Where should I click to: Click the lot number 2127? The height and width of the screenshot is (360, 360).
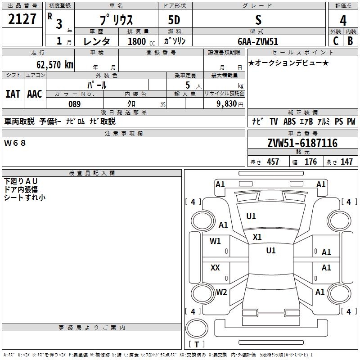click(x=22, y=19)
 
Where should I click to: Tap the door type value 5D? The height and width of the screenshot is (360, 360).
click(x=174, y=20)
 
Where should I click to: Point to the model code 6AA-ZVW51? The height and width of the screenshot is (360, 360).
click(x=258, y=41)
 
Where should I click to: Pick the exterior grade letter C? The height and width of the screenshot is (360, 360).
click(x=335, y=41)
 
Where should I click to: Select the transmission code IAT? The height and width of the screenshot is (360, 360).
click(x=13, y=94)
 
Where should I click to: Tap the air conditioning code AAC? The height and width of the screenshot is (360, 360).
click(x=35, y=94)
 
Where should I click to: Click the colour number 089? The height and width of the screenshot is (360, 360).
click(x=74, y=104)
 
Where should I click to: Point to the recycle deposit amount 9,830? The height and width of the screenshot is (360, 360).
click(x=226, y=104)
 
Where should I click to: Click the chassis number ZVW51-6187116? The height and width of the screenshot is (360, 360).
click(x=302, y=143)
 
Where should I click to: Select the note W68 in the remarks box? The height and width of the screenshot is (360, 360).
click(x=15, y=143)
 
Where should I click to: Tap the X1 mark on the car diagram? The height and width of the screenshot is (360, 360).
click(x=257, y=237)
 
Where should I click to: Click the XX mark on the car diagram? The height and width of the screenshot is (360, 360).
click(x=215, y=268)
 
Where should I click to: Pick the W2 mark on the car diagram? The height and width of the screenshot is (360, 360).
click(x=221, y=292)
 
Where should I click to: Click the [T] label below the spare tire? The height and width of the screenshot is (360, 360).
click(x=197, y=345)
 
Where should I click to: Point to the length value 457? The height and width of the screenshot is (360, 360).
click(x=273, y=162)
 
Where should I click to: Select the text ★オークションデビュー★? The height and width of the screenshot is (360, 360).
click(x=288, y=63)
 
